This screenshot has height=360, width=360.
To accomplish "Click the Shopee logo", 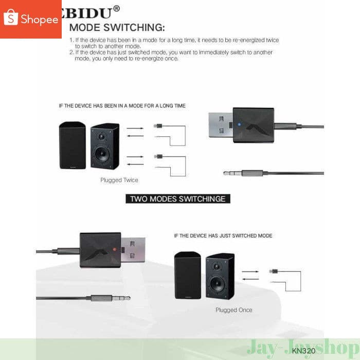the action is coord(31,19).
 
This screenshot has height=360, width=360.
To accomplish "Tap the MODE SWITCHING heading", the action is coord(117,27).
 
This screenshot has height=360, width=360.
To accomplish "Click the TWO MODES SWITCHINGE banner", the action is coord(178,199).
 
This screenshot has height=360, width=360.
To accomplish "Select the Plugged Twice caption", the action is coord(119,180).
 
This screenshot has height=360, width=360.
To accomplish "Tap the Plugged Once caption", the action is coord(234,310).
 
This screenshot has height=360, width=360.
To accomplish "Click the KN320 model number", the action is coord(303,351).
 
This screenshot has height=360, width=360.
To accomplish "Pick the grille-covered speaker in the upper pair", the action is coord(72,146).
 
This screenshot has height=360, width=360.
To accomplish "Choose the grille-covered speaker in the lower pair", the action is coord(187,276).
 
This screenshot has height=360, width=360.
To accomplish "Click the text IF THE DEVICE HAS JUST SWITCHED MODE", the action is coord(223,236).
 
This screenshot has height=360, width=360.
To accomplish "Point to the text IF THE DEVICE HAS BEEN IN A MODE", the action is coord(122,105).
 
